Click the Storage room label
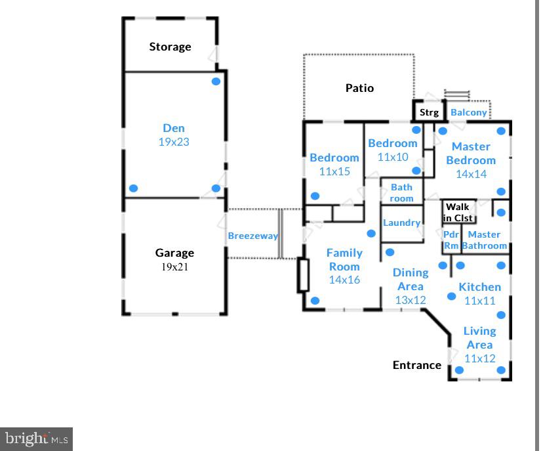tap(170, 47)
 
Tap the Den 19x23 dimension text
tap(174, 142)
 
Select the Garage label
tap(174, 253)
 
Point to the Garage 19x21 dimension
tap(174, 267)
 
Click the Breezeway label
tap(252, 236)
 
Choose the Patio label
tap(359, 88)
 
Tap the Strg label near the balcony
tap(429, 112)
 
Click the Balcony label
tap(469, 112)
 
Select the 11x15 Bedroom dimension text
tap(334, 171)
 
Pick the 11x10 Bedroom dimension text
tap(393, 157)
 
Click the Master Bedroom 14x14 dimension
tap(471, 174)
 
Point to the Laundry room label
tap(401, 223)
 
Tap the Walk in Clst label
tap(458, 213)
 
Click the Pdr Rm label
tap(451, 240)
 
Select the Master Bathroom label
tap(485, 240)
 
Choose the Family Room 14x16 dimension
tap(344, 280)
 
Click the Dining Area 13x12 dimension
tap(411, 300)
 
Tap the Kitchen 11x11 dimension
tap(479, 301)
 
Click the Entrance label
tap(417, 365)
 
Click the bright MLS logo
tap(36, 439)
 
